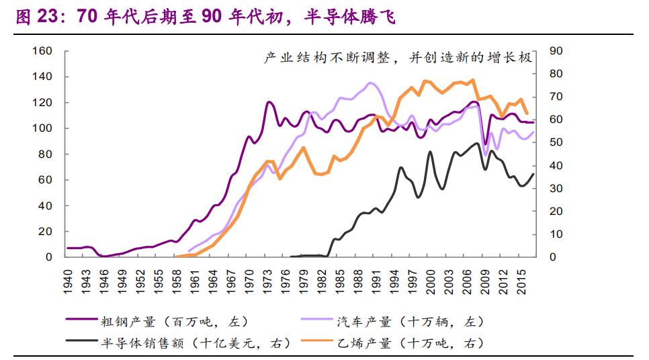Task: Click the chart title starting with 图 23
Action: click(205, 17)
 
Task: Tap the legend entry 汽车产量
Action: click(409, 322)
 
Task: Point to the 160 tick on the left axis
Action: click(42, 51)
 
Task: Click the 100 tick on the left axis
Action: click(42, 128)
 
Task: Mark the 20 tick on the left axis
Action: click(45, 231)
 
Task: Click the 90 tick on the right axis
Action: click(556, 51)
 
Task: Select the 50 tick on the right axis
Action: click(556, 142)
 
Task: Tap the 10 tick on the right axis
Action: click(556, 234)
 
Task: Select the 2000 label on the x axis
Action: click(431, 280)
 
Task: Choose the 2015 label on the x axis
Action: click(521, 280)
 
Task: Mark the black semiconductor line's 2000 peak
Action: click(431, 152)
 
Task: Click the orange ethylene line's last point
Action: click(527, 114)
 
